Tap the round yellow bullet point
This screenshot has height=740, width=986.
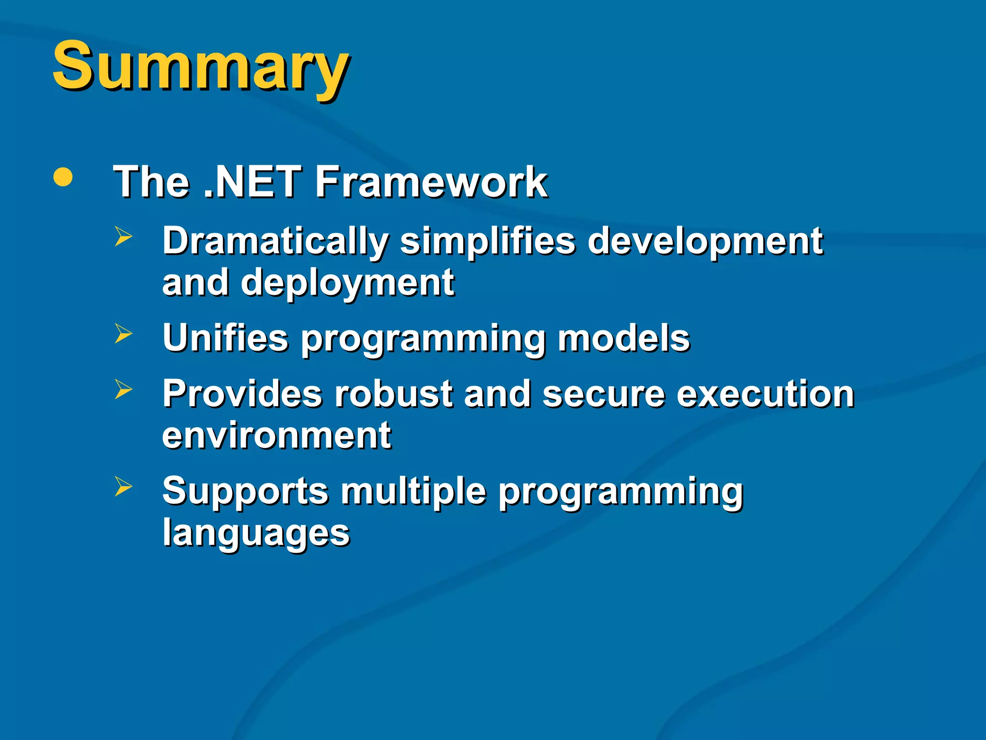pyautogui.click(x=63, y=177)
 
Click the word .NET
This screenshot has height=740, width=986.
pyautogui.click(x=253, y=182)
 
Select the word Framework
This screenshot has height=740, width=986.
pyautogui.click(x=431, y=182)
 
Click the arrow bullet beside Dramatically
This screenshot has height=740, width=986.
pyautogui.click(x=123, y=237)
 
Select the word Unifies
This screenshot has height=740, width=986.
pyautogui.click(x=225, y=338)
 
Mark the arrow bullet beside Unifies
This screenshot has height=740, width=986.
pyautogui.click(x=123, y=333)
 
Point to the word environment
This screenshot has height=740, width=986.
pyautogui.click(x=276, y=436)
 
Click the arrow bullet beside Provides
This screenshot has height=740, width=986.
pyautogui.click(x=123, y=389)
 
